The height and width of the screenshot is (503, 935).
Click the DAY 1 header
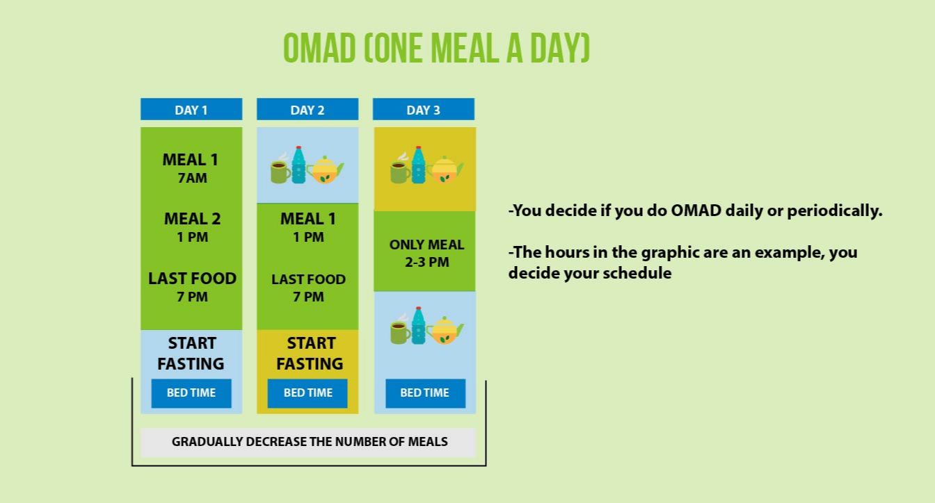coord(191,109)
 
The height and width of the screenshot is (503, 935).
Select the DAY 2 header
coord(307,109)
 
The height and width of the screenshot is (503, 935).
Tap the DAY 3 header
coord(423,109)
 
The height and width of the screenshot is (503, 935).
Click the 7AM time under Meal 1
coord(193,179)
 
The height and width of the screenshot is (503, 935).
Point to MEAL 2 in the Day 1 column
coord(193,219)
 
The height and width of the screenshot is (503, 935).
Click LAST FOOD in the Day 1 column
coord(193,279)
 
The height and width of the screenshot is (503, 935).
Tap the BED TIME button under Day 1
coord(191,393)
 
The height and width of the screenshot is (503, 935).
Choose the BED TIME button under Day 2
coord(307,393)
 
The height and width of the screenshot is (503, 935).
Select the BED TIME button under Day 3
coord(425,393)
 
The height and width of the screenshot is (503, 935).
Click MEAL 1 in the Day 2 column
coord(308,219)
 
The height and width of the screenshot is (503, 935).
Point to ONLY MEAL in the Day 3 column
coord(426,245)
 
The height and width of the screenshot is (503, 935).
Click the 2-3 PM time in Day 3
coord(427,262)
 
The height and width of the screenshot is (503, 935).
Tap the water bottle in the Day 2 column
coord(298,165)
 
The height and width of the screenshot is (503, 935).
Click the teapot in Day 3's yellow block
coord(445,170)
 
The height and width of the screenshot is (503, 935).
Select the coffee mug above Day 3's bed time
coord(399,333)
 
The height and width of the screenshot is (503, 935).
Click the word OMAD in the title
coord(320,49)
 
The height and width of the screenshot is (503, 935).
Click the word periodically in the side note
coord(834,211)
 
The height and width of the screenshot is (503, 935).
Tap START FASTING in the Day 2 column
coord(310,354)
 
